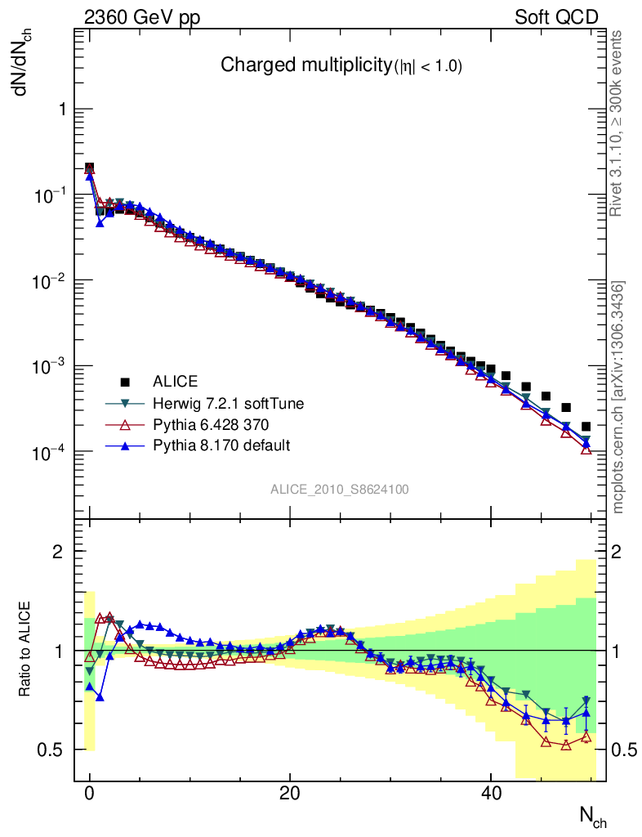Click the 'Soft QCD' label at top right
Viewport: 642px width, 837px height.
click(556, 17)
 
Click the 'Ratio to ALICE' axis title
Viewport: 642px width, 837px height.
click(25, 648)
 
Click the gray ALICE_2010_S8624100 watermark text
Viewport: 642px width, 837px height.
click(340, 490)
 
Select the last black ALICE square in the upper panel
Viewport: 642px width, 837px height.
click(586, 426)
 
